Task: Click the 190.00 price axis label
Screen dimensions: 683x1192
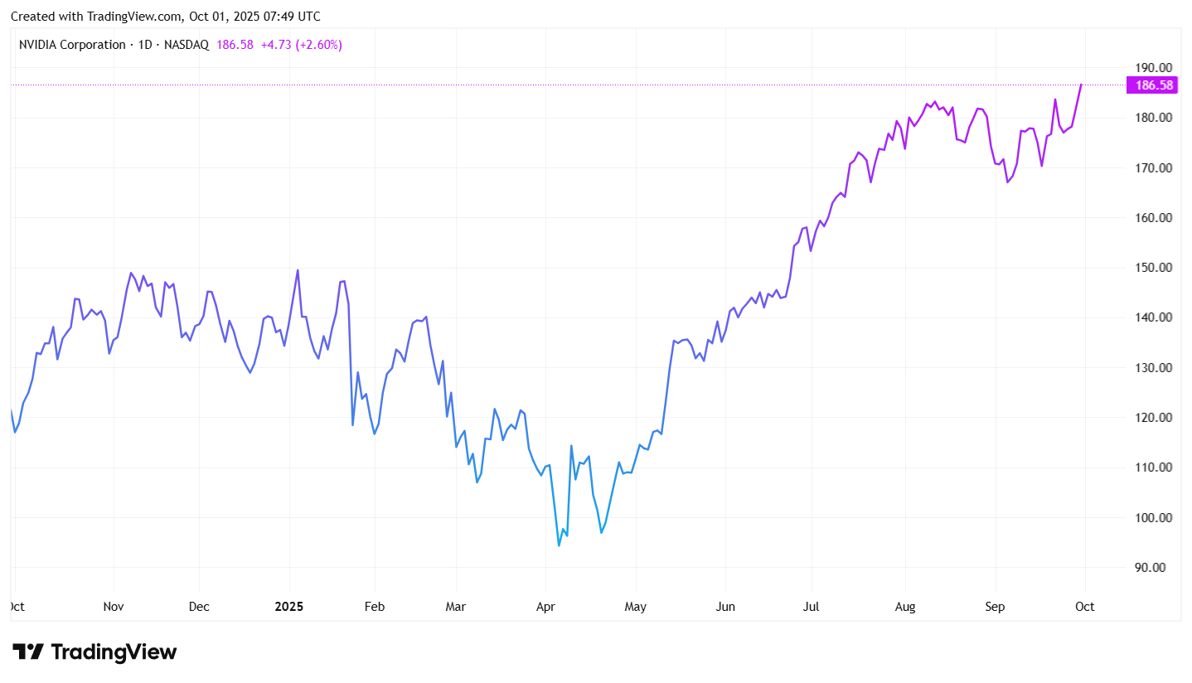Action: [x=1153, y=67]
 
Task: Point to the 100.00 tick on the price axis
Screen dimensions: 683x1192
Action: [x=1153, y=517]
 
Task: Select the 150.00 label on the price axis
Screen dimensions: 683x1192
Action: [x=1153, y=267]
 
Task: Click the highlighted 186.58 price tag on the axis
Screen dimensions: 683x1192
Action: [x=1154, y=85]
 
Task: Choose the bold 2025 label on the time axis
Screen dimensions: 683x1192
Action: [x=289, y=607]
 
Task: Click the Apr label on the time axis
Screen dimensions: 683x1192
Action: [x=545, y=607]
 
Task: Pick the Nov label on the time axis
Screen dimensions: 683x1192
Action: [x=114, y=607]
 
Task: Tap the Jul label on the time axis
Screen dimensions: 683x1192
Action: [x=811, y=607]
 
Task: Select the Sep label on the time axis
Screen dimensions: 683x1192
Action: [x=995, y=607]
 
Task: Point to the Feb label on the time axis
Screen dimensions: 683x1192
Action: [x=375, y=607]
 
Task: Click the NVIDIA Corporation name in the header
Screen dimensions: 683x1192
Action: [x=72, y=44]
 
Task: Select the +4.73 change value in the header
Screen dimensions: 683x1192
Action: [x=277, y=44]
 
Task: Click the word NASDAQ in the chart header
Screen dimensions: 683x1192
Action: [x=186, y=44]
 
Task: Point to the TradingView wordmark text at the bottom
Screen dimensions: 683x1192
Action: [x=114, y=652]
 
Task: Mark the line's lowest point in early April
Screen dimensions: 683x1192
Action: [x=559, y=545]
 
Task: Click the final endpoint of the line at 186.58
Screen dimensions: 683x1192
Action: [x=1081, y=85]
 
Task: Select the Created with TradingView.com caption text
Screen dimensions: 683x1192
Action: [x=165, y=17]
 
